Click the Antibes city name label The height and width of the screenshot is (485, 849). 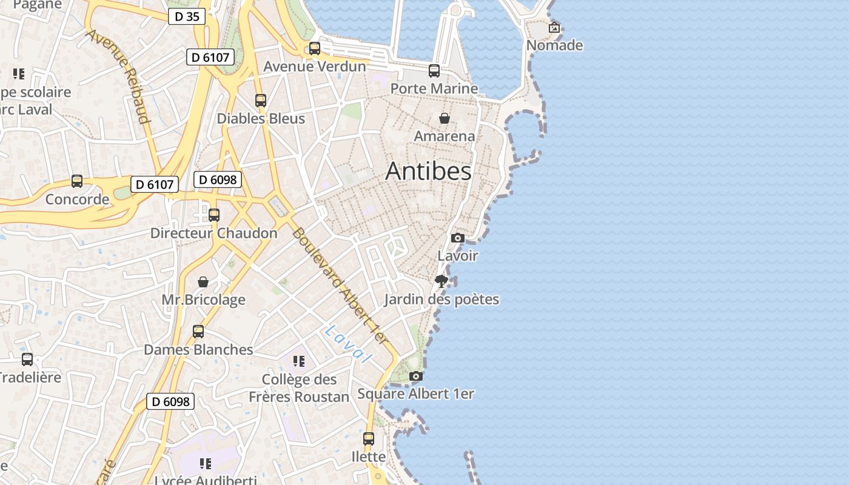(x=428, y=172)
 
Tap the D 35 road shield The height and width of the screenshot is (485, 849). (x=187, y=16)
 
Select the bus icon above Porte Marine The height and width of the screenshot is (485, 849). (x=434, y=71)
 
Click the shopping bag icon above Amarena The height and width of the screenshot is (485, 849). (x=445, y=118)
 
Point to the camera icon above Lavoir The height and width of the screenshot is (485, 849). (x=458, y=238)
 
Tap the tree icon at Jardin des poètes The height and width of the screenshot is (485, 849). (x=441, y=281)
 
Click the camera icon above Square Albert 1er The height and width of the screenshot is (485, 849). (x=415, y=376)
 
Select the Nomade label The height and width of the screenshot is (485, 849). (x=554, y=45)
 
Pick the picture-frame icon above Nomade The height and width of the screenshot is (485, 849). (x=554, y=27)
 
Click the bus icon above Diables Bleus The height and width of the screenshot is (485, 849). (x=261, y=101)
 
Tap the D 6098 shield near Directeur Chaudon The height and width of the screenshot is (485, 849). (x=218, y=179)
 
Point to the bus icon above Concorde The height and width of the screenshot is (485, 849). (x=77, y=181)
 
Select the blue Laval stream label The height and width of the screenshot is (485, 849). (x=347, y=344)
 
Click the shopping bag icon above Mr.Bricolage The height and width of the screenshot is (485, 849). (x=203, y=282)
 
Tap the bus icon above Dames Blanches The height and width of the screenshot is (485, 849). (x=198, y=332)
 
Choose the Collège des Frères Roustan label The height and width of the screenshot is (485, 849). (x=299, y=388)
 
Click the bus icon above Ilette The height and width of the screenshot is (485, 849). (x=369, y=439)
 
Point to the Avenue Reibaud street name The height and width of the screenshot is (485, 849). (x=118, y=76)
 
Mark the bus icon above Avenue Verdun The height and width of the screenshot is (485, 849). (x=315, y=48)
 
